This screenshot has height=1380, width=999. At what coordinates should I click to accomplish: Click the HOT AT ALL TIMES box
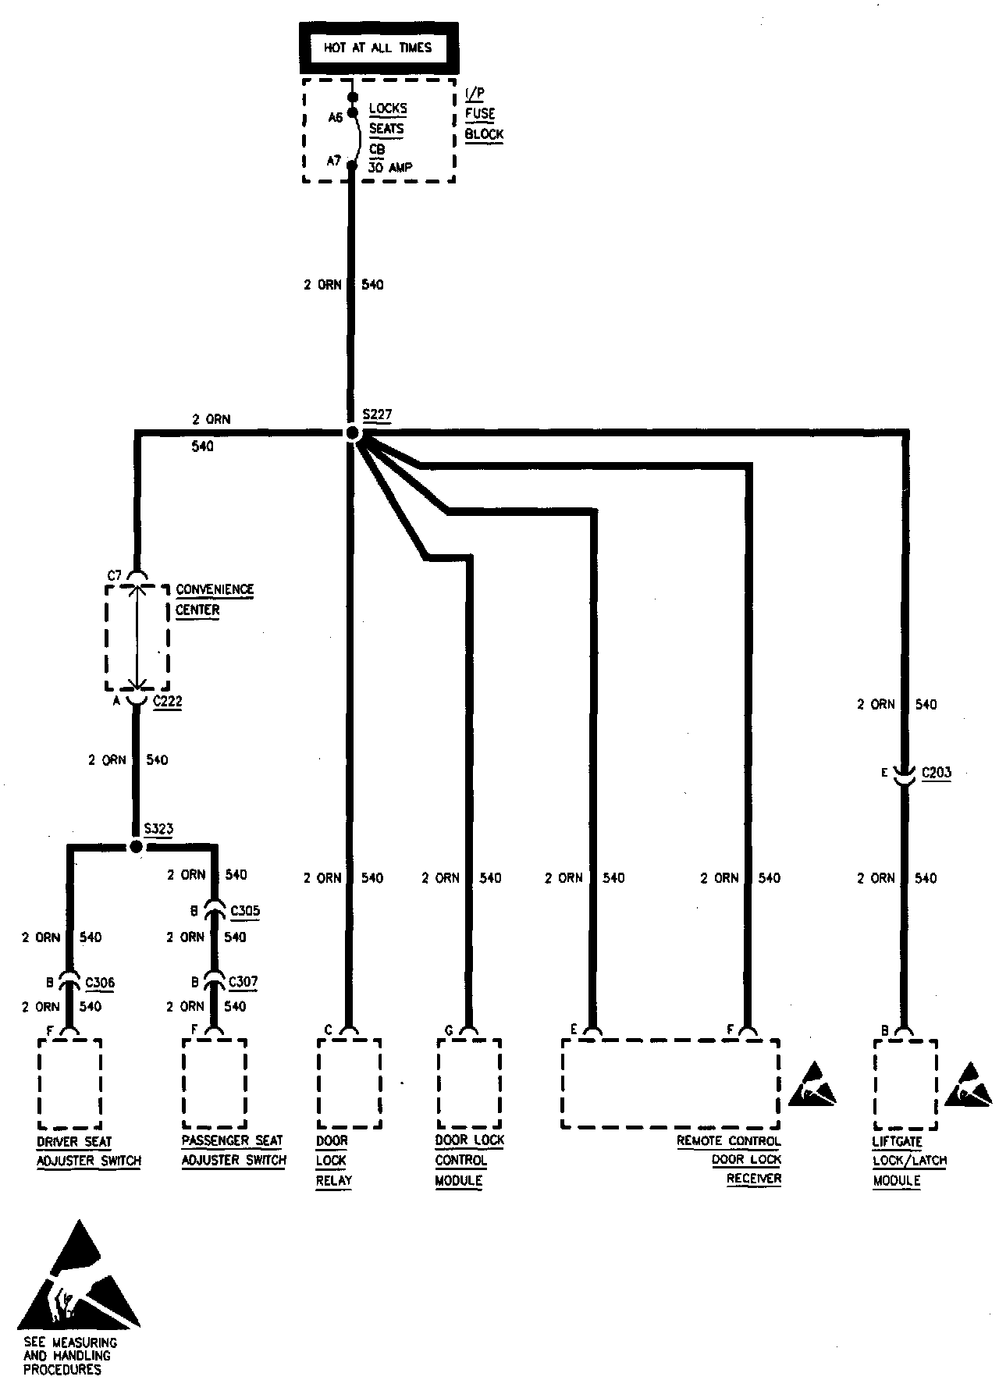point(378,48)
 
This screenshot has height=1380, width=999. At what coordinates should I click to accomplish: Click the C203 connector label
point(937,773)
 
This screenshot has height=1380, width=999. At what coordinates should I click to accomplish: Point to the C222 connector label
point(167,701)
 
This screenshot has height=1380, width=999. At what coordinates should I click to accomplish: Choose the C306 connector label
point(100,983)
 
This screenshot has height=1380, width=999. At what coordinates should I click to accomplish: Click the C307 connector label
point(244,982)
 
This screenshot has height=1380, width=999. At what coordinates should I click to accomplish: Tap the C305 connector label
point(245,911)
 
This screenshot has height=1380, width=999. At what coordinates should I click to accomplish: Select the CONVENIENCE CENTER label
point(215,599)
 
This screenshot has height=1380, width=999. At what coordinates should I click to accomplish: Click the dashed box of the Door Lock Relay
point(350,1083)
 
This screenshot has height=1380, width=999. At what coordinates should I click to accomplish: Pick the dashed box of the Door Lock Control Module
point(469,1083)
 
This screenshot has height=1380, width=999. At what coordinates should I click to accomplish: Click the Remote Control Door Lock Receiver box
point(670,1083)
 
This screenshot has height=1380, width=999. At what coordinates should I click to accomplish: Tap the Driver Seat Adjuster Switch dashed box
point(69,1083)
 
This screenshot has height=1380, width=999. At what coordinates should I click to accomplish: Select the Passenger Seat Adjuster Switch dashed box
point(215,1083)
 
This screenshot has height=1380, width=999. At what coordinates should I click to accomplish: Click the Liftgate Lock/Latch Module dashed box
point(905,1083)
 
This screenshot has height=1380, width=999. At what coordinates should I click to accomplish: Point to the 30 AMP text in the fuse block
point(390,167)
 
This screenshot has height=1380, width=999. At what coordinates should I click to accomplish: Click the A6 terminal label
point(336,118)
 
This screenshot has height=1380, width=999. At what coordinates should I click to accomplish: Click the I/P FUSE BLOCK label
point(484,114)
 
